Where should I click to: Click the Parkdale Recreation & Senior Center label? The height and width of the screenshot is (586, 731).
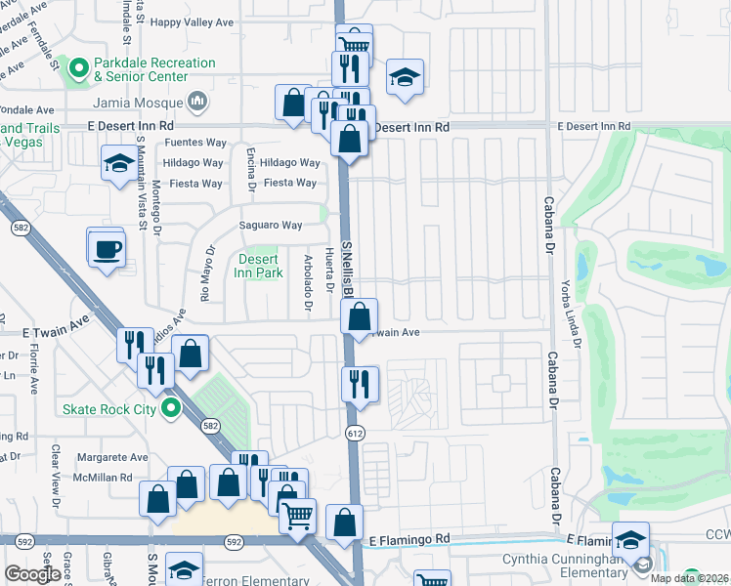[x=153, y=69]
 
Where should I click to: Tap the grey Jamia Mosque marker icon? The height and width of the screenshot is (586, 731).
[x=198, y=101]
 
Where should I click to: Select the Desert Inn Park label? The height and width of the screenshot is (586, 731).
[x=258, y=266]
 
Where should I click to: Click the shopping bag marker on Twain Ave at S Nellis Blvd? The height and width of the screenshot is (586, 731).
[x=360, y=316]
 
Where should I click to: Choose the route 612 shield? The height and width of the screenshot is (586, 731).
[x=354, y=431]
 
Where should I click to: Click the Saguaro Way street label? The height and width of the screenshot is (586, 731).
[x=271, y=226]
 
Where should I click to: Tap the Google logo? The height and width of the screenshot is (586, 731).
[x=32, y=574]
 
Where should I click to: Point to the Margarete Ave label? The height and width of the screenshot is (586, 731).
[x=112, y=457]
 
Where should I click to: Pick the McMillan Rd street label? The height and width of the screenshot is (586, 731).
[x=107, y=478]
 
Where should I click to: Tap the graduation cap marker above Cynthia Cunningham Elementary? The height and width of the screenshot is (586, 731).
[x=630, y=539]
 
